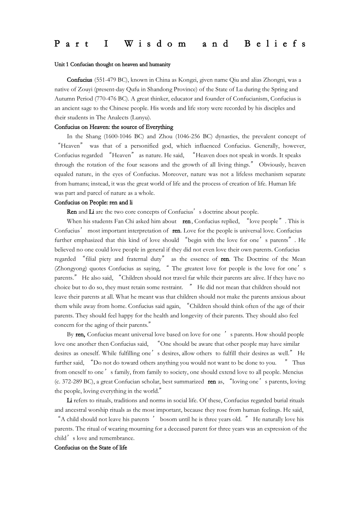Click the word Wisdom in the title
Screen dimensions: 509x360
pos(155,44)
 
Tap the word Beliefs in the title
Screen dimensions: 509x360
pos(275,44)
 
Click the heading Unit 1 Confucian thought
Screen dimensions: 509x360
pos(112,64)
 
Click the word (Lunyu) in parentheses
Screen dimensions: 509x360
pos(141,117)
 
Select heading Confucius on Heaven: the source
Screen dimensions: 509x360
pos(114,127)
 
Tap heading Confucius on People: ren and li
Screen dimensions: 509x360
pos(93,202)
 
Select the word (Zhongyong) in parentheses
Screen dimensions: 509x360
pos(70,269)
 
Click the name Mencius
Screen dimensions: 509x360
pos(294,372)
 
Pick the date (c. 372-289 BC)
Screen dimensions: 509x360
pos(76,381)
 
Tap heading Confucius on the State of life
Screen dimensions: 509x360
pos(91,447)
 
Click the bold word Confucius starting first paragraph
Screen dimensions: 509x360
pos(79,80)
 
